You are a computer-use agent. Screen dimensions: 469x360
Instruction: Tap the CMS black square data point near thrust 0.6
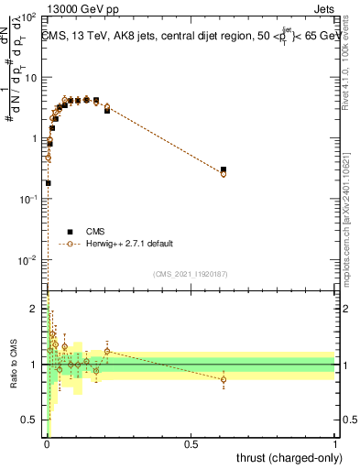click(x=224, y=169)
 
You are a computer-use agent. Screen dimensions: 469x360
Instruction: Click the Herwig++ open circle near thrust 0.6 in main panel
click(x=224, y=173)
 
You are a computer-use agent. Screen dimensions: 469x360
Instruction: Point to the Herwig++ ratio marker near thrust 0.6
click(x=224, y=379)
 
